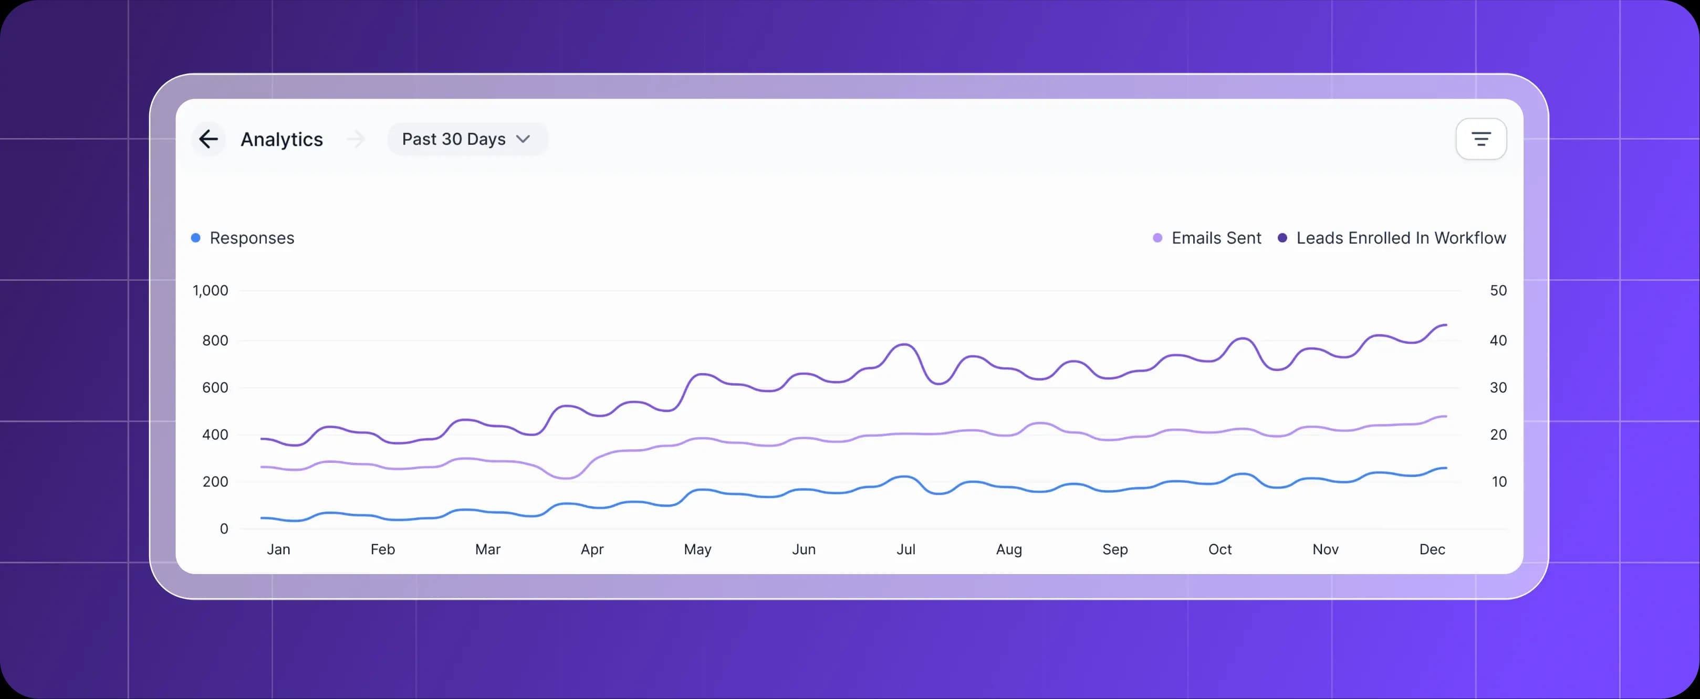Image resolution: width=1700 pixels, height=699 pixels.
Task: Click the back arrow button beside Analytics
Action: pyautogui.click(x=208, y=139)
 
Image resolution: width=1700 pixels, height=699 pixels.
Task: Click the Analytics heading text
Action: pyautogui.click(x=282, y=139)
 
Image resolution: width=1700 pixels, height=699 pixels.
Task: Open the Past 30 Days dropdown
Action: pyautogui.click(x=466, y=139)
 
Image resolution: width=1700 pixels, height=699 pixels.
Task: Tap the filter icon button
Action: pyautogui.click(x=1481, y=139)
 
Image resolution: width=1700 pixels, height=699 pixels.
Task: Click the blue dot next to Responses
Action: pyautogui.click(x=196, y=238)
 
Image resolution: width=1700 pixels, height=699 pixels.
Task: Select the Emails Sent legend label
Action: pyautogui.click(x=1216, y=238)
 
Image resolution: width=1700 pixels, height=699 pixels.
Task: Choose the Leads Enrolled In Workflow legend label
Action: pyautogui.click(x=1401, y=238)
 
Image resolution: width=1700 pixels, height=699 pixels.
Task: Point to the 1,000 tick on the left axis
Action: pyautogui.click(x=211, y=291)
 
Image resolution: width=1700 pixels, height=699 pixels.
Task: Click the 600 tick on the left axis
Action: pyautogui.click(x=215, y=388)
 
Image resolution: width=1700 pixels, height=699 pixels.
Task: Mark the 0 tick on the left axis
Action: pyautogui.click(x=224, y=529)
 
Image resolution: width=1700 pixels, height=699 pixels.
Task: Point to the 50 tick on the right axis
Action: pyautogui.click(x=1498, y=291)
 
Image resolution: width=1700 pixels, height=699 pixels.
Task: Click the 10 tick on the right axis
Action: pyautogui.click(x=1499, y=482)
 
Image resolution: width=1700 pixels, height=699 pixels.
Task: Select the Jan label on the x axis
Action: pyautogui.click(x=278, y=549)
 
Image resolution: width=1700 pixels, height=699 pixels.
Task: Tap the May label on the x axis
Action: pyautogui.click(x=697, y=549)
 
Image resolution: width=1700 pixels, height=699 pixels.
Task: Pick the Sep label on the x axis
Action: pyautogui.click(x=1114, y=549)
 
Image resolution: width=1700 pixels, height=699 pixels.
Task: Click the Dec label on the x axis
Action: pyautogui.click(x=1432, y=549)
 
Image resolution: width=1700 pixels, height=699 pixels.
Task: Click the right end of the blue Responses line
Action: pyautogui.click(x=1445, y=468)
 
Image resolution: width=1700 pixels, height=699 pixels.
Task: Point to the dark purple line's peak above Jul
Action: pyautogui.click(x=905, y=344)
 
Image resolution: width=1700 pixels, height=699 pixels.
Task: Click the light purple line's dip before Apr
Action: pyautogui.click(x=566, y=478)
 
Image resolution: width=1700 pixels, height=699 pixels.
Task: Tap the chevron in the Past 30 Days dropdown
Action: pyautogui.click(x=523, y=139)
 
